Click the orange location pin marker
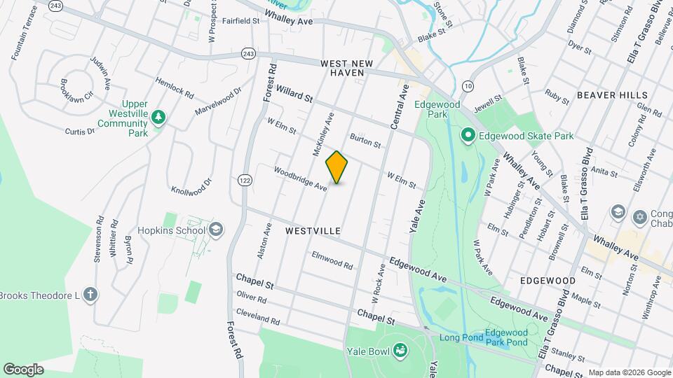(x=337, y=167)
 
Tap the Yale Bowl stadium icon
(x=400, y=349)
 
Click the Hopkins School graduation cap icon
(x=216, y=230)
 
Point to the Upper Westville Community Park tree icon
(x=158, y=117)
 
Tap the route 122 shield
(x=244, y=181)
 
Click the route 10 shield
(x=468, y=86)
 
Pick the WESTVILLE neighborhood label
(x=313, y=230)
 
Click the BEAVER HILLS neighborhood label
(x=606, y=94)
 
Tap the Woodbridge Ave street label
(x=300, y=179)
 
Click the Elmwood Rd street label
(x=332, y=260)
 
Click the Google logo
(x=23, y=369)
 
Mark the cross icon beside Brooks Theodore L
(x=90, y=295)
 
